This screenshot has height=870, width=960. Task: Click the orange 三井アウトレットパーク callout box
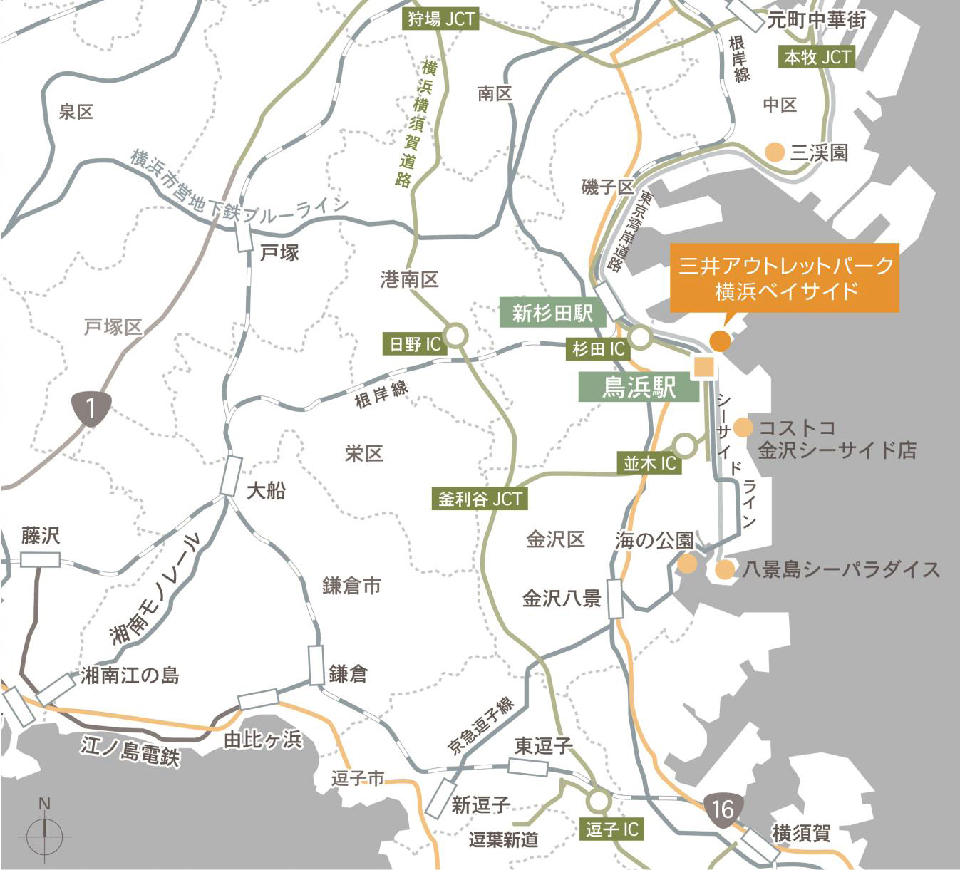784,277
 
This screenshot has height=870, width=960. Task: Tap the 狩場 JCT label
441,19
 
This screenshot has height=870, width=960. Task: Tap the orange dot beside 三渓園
774,152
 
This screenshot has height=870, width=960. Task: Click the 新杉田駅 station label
552,312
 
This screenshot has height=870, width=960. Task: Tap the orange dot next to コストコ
743,427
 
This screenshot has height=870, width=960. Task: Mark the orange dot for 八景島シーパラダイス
725,569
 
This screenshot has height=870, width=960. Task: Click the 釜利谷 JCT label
480,499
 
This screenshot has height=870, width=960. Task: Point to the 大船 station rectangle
230,475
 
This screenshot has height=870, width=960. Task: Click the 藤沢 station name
40,536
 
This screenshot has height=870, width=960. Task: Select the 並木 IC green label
649,463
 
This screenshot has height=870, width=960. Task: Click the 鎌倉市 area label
351,586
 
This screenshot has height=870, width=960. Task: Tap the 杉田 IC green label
598,349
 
